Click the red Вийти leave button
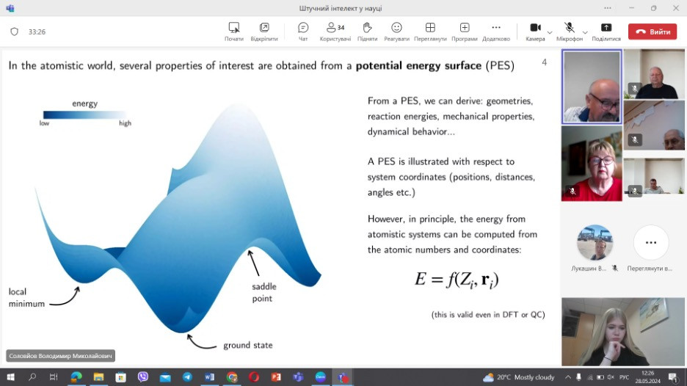653,32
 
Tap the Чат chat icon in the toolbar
302,28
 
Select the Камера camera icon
535,28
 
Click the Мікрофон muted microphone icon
569,28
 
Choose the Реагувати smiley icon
396,28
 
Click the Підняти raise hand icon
367,28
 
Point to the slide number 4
544,62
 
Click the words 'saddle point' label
264,292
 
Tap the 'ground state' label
248,345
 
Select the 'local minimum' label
26,297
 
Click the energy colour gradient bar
84,114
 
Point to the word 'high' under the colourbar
125,123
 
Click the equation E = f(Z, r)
457,280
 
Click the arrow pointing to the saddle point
254,263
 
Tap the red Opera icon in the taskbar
254,376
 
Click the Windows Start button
10,376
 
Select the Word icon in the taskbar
209,376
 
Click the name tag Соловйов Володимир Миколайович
60,356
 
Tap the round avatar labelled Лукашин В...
595,242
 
